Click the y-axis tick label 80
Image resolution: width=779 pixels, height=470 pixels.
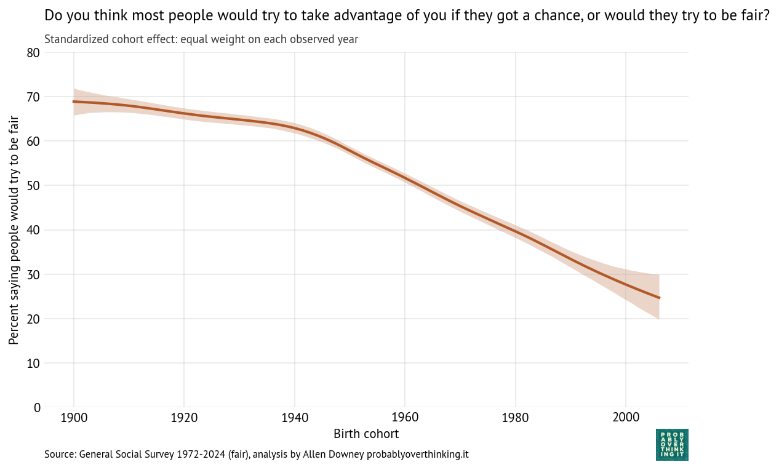33,53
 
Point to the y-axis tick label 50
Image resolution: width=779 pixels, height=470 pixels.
33,186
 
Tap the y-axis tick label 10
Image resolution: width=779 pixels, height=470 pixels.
33,363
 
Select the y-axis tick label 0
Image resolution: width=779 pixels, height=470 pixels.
37,407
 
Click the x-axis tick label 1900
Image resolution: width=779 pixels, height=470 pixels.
74,418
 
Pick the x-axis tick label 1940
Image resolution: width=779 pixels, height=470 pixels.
294,418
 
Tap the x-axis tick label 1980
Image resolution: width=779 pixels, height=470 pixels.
515,418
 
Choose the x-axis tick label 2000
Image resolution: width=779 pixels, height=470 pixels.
626,418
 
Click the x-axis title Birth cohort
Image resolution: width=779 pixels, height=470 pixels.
366,434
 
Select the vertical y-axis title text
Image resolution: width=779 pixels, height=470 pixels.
14,230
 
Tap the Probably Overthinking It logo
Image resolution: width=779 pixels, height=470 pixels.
672,444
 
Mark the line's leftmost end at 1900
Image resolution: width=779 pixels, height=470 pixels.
74,102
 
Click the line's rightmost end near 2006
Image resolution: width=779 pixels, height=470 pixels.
659,298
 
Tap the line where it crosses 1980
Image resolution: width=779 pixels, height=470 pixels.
515,232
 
